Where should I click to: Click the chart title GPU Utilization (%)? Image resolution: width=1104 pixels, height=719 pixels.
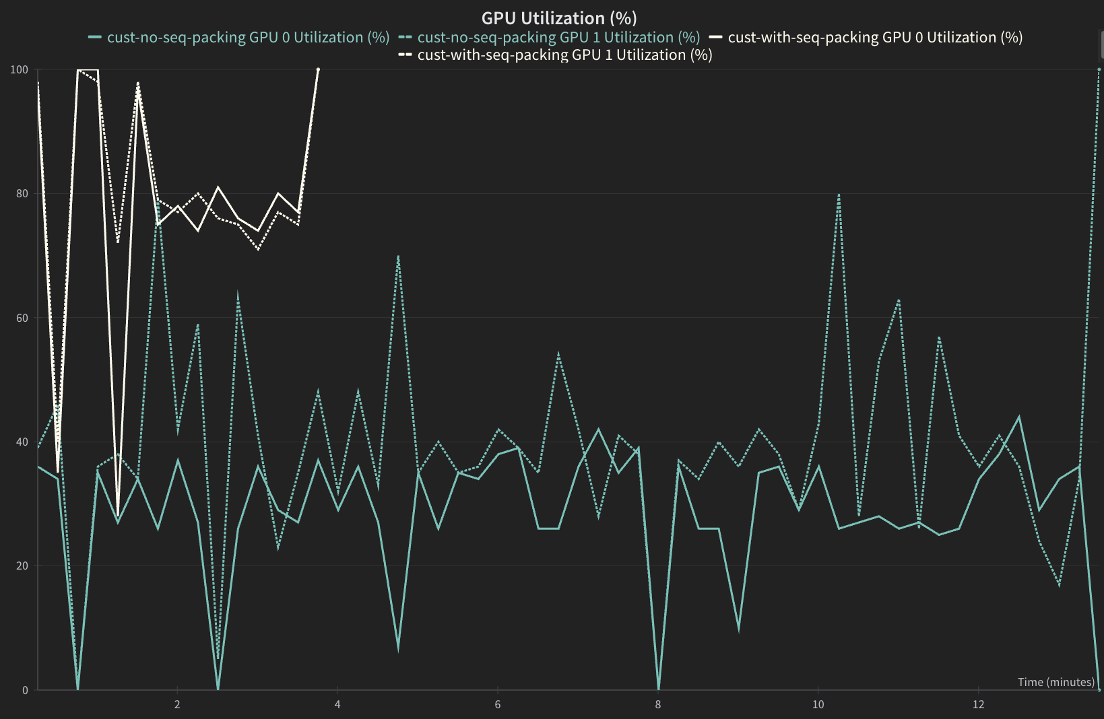pos(559,18)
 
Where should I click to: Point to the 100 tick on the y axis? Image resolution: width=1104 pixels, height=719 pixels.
pos(20,69)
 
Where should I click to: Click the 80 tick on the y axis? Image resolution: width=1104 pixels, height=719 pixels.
pos(22,194)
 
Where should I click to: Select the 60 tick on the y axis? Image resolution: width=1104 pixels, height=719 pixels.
pos(22,318)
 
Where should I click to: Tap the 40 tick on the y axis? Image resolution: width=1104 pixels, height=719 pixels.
pos(22,442)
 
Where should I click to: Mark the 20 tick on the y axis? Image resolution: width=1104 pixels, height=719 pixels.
pos(22,566)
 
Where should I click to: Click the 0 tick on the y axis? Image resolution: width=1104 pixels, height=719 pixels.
pos(25,690)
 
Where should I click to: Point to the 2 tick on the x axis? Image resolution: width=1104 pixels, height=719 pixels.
pos(177,705)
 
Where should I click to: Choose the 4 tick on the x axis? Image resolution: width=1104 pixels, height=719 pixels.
pos(337,705)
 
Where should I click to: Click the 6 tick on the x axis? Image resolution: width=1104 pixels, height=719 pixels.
pos(498,705)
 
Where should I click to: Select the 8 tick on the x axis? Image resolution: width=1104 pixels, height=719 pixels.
pos(658,705)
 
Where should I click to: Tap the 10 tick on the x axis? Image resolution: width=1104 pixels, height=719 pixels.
pos(818,705)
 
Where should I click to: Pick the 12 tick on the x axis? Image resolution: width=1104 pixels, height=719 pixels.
pos(978,705)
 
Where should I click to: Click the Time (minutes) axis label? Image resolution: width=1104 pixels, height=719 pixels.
pos(1056,682)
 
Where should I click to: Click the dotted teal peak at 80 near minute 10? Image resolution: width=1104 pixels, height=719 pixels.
pos(839,195)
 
